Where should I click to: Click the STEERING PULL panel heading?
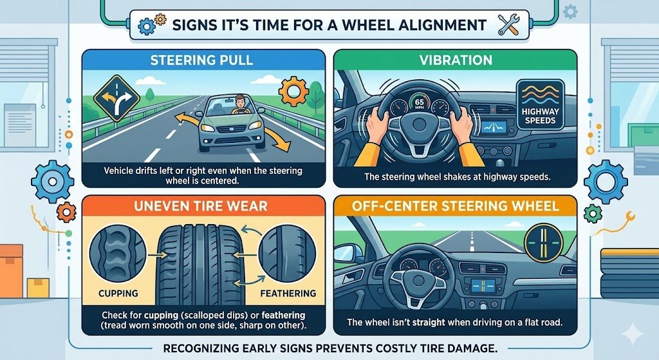tap(201, 60)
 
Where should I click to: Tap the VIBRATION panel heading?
tap(456, 60)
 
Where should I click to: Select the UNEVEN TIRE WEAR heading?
tap(201, 205)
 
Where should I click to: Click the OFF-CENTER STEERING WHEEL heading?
tap(456, 205)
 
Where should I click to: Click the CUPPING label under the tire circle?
tap(118, 293)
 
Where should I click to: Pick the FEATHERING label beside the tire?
tap(288, 293)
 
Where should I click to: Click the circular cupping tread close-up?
tap(118, 254)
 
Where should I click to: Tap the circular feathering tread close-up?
tap(287, 254)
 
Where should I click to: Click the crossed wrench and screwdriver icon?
tap(508, 25)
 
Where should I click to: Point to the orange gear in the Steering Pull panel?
tap(293, 91)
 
